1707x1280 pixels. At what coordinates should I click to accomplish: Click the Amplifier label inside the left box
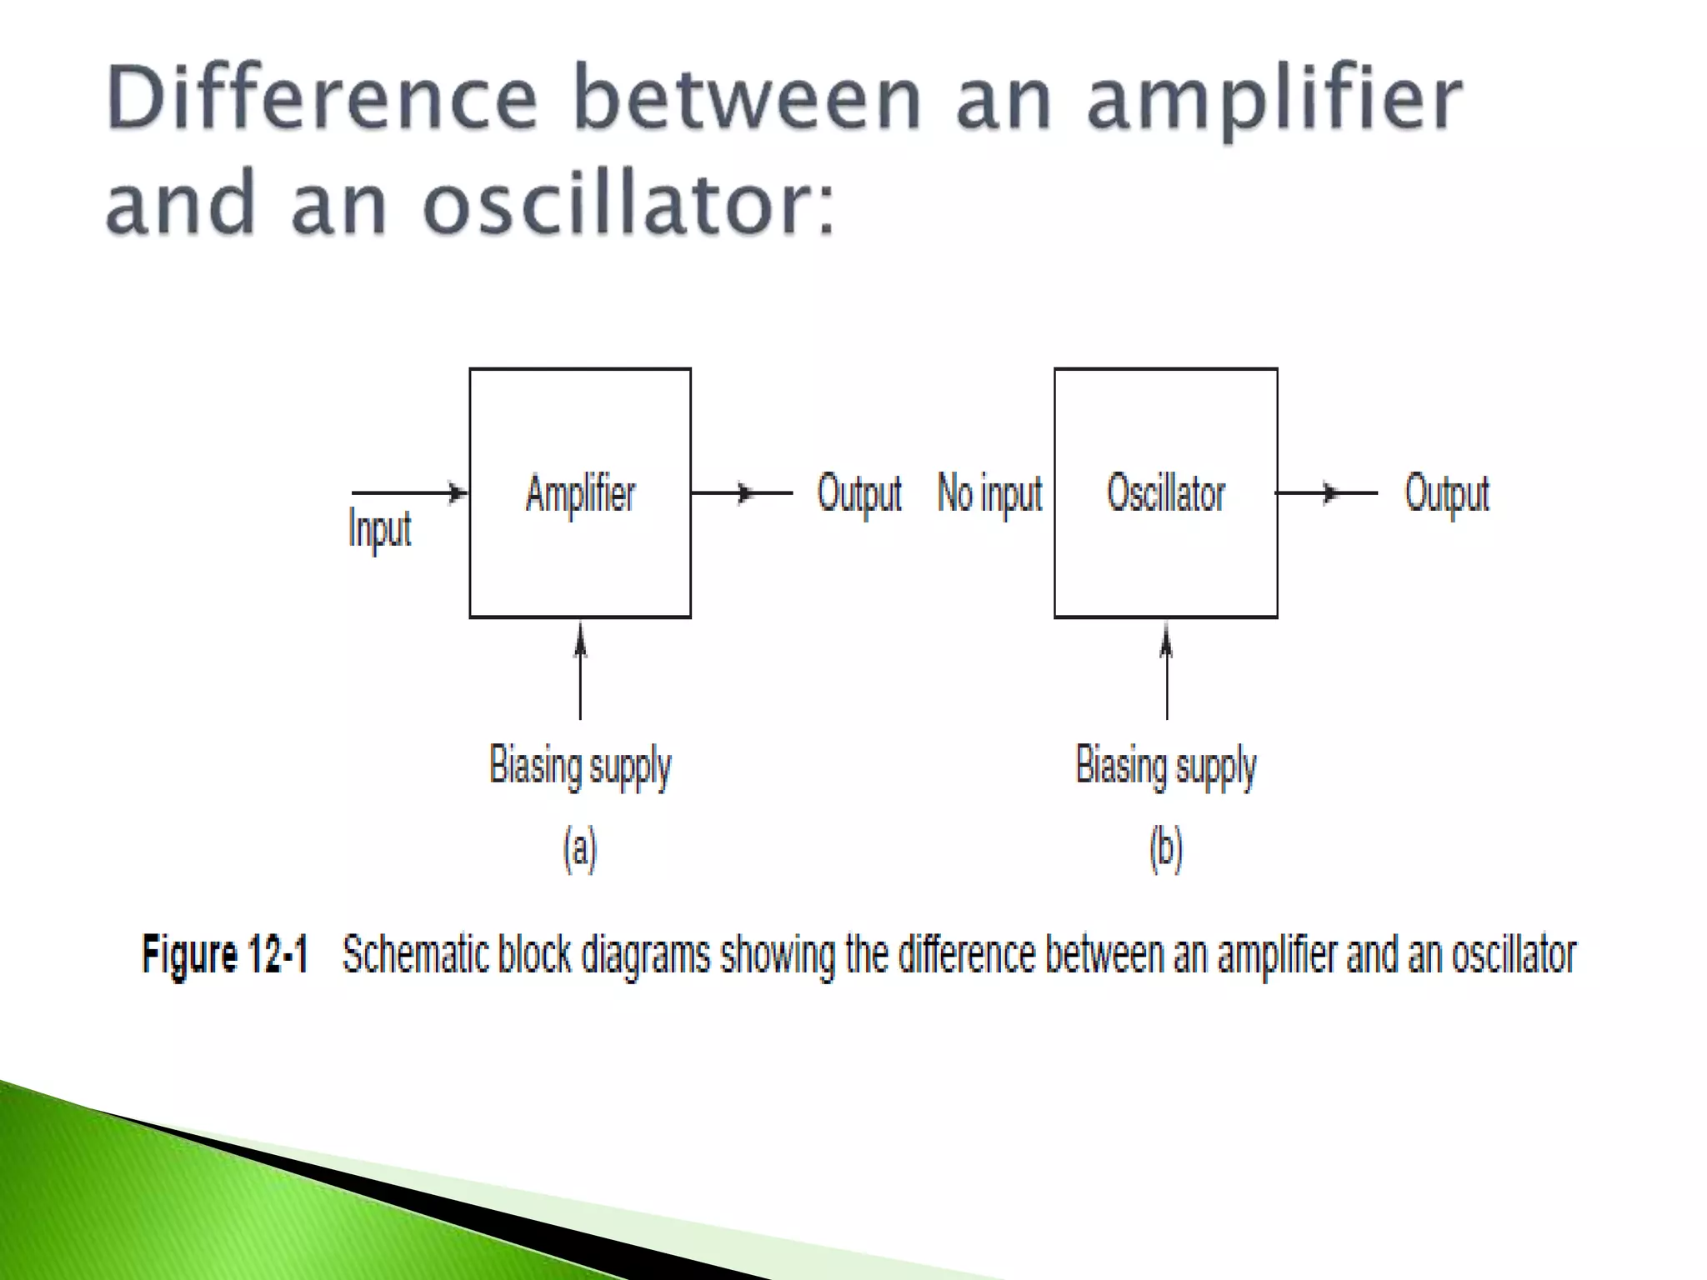[x=580, y=493]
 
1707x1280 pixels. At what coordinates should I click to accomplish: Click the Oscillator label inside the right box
[x=1165, y=493]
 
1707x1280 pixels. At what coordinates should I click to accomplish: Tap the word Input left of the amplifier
[x=379, y=529]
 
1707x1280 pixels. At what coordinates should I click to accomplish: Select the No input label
[x=989, y=493]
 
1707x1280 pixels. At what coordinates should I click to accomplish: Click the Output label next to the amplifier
[x=859, y=493]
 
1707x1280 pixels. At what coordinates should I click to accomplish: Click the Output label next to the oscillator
[x=1446, y=493]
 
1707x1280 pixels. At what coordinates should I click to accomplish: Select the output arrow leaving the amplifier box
[x=741, y=493]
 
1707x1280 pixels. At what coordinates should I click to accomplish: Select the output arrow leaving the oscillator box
[x=1326, y=493]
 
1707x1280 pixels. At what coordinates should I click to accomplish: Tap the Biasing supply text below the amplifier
[x=580, y=765]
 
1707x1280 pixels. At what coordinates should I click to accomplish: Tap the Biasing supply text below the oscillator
[x=1165, y=765]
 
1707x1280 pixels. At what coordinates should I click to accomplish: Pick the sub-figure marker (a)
[x=580, y=849]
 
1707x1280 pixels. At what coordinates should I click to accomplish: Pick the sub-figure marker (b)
[x=1165, y=849]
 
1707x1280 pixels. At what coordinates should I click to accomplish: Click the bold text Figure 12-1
[x=224, y=954]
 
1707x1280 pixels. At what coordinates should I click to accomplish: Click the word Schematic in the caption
[x=415, y=954]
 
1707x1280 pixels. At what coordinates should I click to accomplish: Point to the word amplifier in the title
[x=1274, y=100]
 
